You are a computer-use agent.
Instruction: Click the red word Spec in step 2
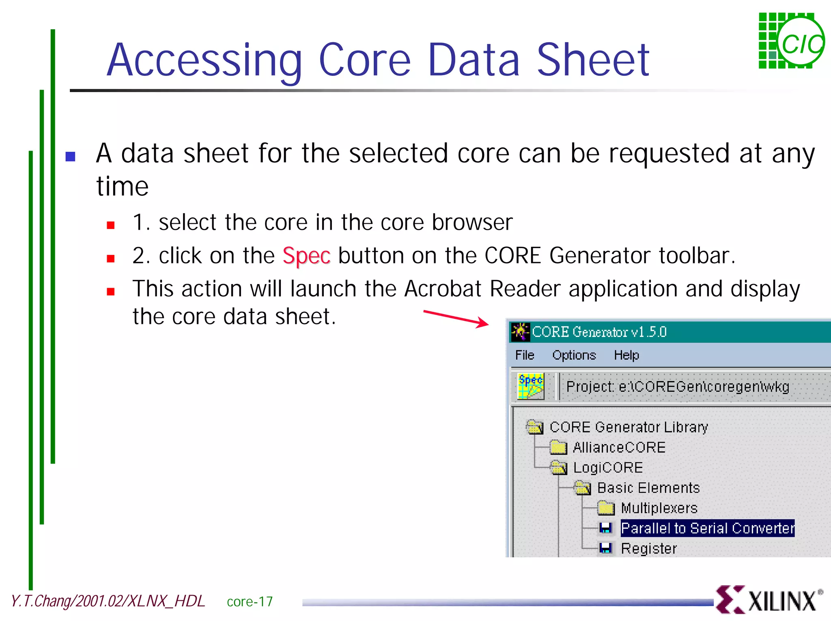tap(306, 256)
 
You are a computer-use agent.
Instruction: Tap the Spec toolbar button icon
tap(530, 386)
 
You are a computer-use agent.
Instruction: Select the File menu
tap(524, 355)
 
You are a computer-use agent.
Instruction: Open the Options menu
tap(574, 355)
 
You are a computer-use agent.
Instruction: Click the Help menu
tap(626, 355)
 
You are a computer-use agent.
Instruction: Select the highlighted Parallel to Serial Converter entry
tap(707, 528)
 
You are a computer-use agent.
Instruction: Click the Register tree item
tap(648, 549)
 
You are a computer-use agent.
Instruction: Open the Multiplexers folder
tap(659, 508)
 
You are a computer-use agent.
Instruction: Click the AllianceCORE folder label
tap(619, 448)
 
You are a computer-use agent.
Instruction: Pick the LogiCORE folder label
tap(607, 468)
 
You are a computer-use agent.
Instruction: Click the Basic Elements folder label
tap(648, 488)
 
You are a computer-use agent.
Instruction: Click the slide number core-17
tap(250, 602)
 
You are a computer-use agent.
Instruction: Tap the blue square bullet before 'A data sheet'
tap(71, 156)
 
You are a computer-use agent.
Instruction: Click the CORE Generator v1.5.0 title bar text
tap(599, 332)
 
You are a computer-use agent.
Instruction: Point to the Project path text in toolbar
tap(677, 387)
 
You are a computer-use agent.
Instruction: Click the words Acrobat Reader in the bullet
tap(482, 289)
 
